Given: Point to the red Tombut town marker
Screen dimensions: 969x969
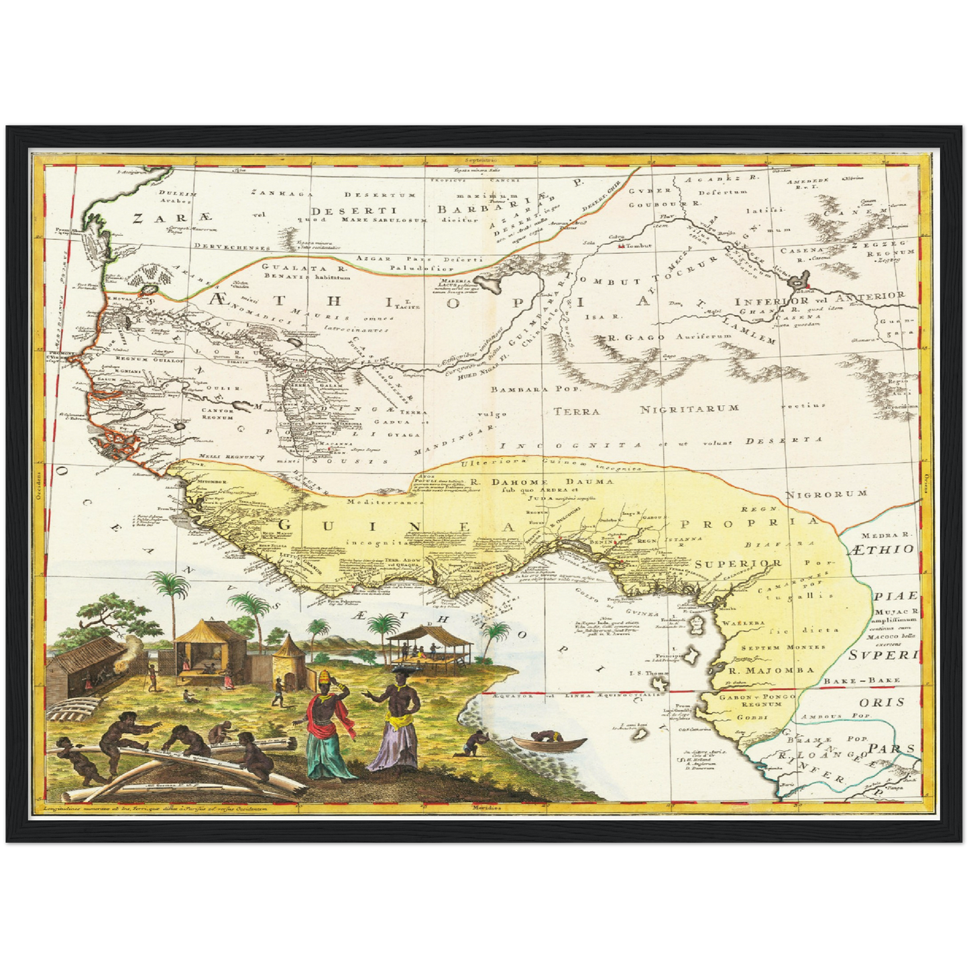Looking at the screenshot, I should (619, 246).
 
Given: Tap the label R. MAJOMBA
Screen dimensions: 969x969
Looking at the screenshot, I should (771, 669).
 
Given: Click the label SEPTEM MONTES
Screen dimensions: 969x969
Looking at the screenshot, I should (773, 648).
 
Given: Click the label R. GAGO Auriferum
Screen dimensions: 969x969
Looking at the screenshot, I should (654, 337).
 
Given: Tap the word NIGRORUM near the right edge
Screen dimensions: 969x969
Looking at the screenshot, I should (826, 494).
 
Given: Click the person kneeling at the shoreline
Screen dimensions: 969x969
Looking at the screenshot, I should (475, 744).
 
